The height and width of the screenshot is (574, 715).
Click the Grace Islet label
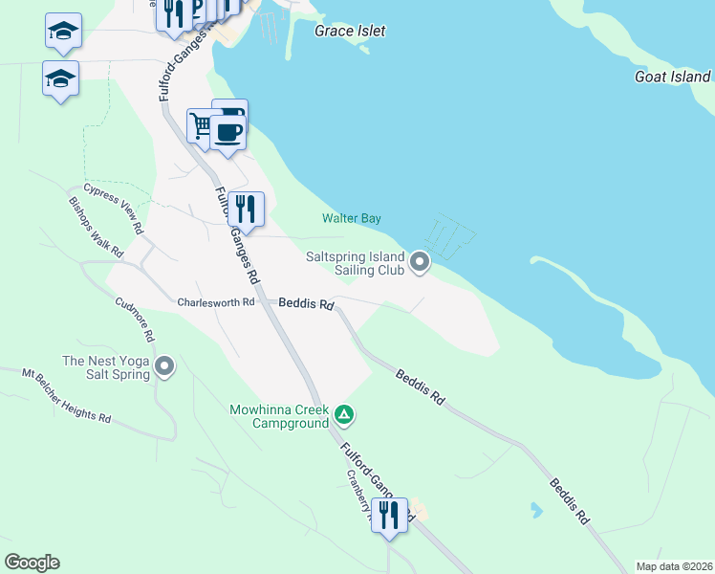point(350,31)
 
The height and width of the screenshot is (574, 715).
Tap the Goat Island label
point(673,77)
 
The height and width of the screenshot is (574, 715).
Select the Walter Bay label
point(351,219)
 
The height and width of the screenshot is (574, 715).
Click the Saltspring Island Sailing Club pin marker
point(420,261)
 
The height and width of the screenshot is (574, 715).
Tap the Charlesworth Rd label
point(216,302)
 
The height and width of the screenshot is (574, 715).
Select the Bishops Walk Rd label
point(96,228)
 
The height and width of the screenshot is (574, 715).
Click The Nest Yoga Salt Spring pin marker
point(164,366)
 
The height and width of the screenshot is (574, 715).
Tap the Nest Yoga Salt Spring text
point(106,367)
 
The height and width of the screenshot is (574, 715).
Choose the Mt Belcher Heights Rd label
point(67,393)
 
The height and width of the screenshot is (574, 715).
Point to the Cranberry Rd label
point(359,497)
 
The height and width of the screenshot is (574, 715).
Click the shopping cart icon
point(202,124)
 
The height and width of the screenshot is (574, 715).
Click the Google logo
point(32,563)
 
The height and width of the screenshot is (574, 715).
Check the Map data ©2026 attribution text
point(673,565)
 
